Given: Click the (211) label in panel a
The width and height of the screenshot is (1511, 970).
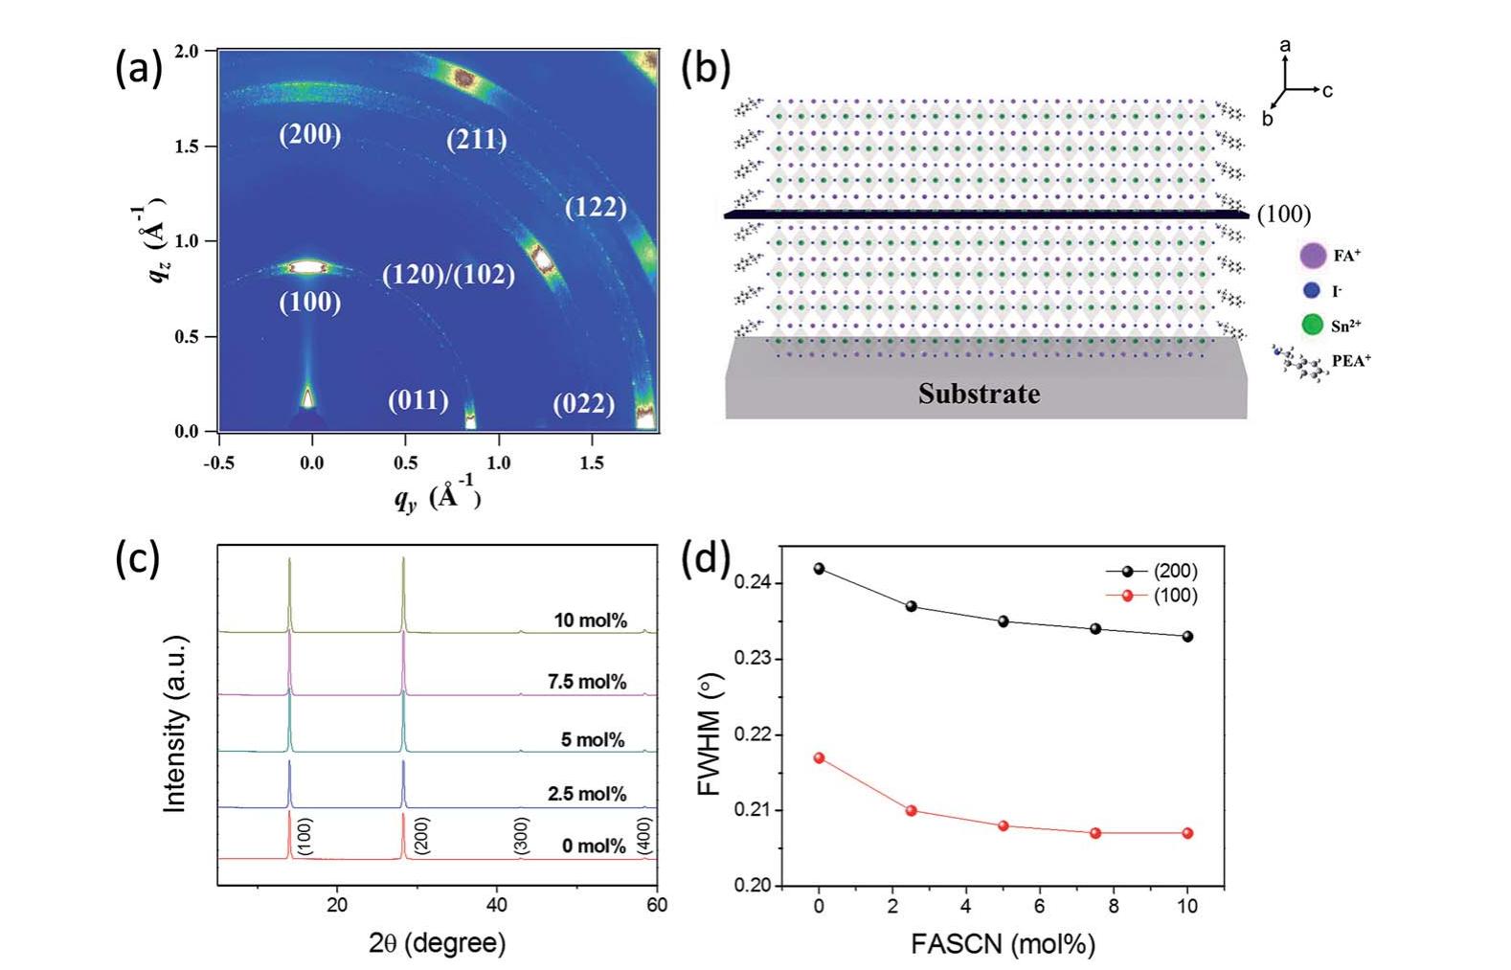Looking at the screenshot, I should pos(476,140).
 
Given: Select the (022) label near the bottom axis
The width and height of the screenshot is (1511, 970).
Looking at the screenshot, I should pos(583,403).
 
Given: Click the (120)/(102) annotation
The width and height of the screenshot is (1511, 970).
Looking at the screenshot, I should pos(448,275).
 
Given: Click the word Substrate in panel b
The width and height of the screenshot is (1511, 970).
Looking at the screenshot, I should pos(979,394).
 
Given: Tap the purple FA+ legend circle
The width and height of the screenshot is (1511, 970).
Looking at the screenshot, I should pos(1313,256).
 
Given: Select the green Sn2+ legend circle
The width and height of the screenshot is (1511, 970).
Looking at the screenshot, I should pos(1312,325).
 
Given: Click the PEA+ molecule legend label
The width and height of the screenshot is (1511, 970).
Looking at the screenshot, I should pos(1350,361).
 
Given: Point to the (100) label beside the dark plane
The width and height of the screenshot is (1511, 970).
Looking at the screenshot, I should pos(1283,214).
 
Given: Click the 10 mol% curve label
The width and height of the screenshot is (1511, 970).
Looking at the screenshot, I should pos(590,620).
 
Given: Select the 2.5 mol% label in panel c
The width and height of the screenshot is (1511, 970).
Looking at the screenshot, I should pos(587,794).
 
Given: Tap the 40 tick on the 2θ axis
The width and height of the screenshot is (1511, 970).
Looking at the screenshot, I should pos(497,905).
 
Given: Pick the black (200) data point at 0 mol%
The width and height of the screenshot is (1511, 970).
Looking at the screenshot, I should pos(819,569).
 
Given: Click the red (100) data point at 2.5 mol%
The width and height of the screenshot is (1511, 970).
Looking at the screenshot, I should pos(911,810).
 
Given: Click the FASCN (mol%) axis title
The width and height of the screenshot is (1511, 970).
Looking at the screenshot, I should pos(1003,944).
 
